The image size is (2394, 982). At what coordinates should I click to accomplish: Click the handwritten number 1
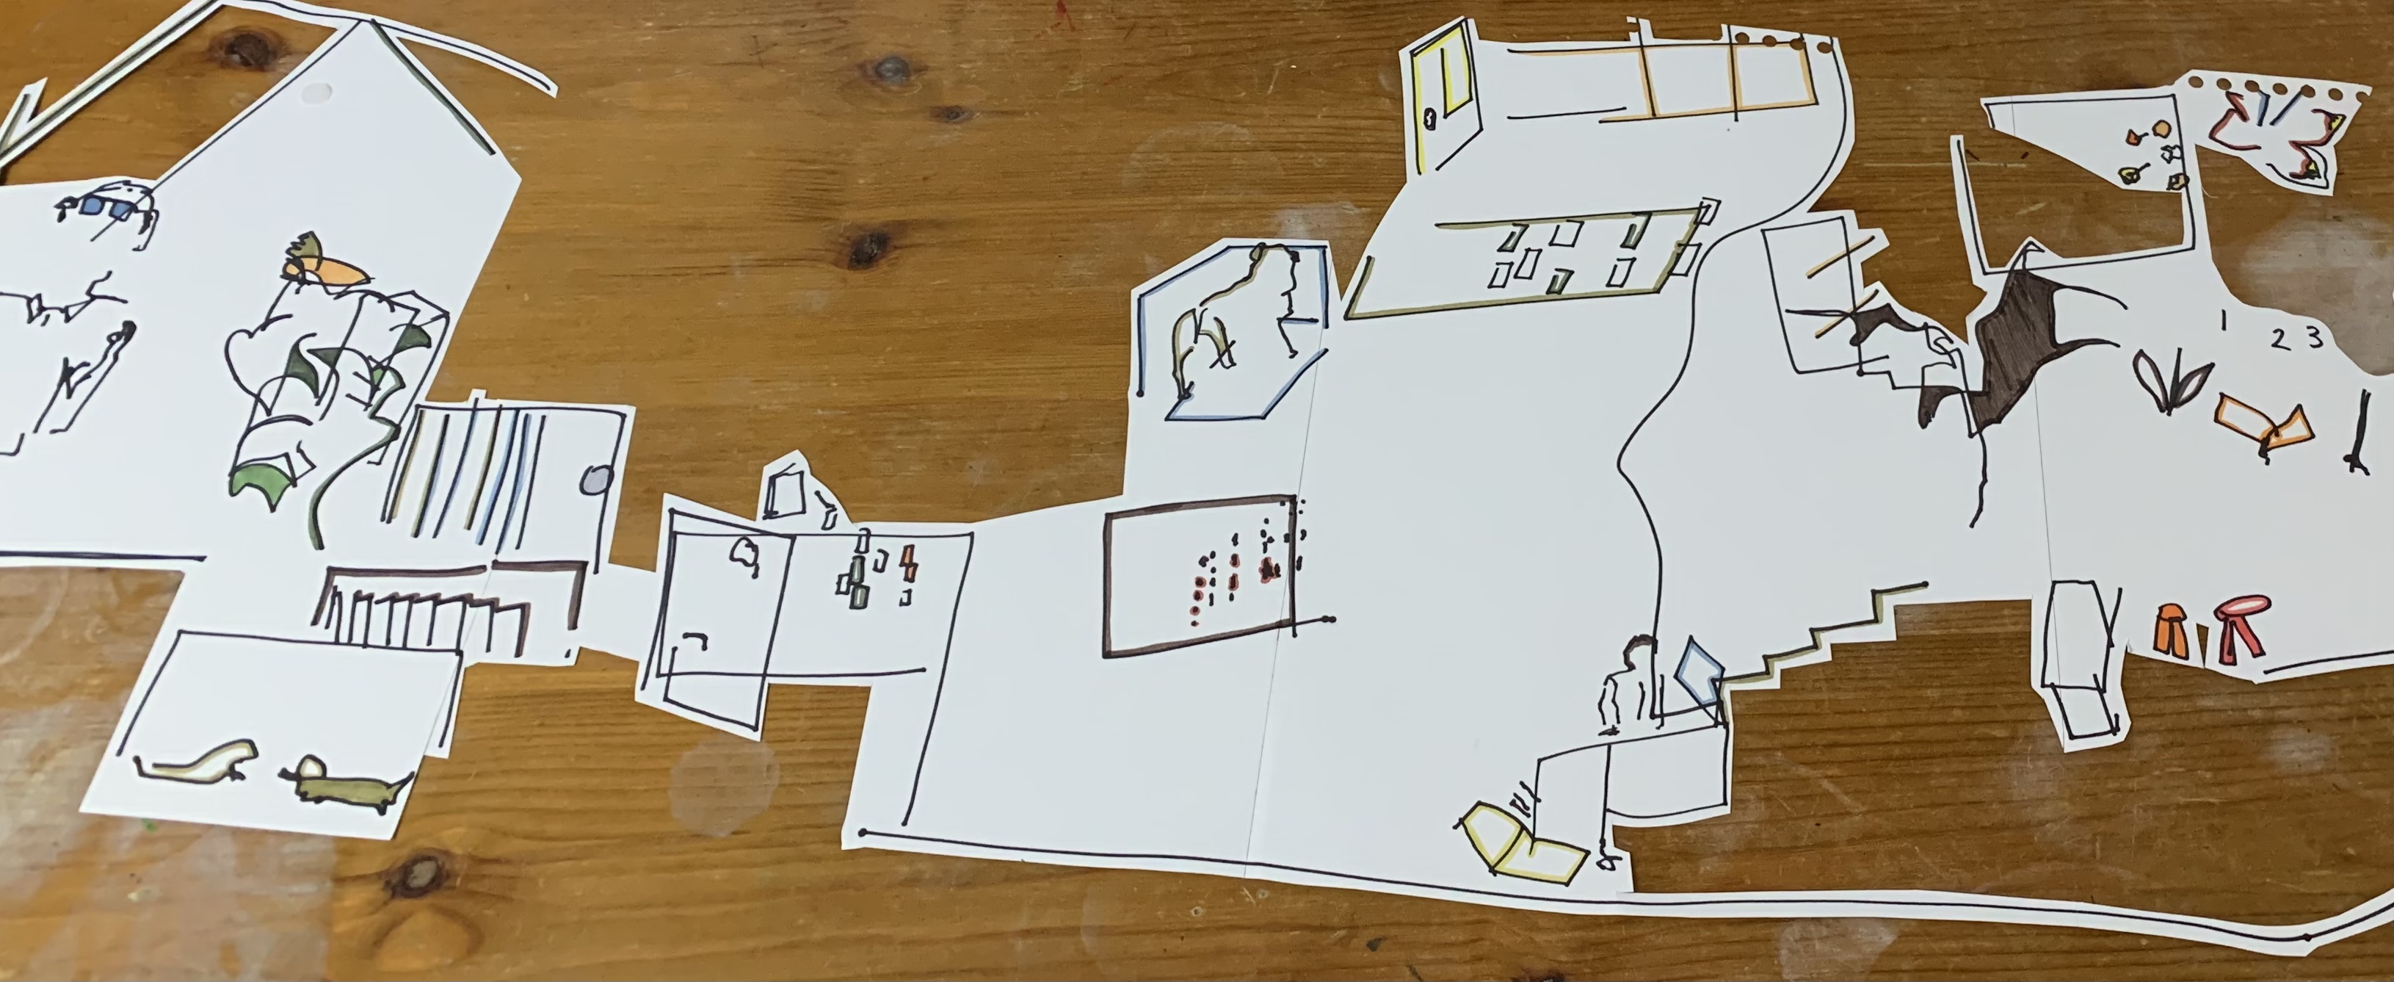point(2222,322)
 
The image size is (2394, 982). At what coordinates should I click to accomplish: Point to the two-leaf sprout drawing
point(2170,384)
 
